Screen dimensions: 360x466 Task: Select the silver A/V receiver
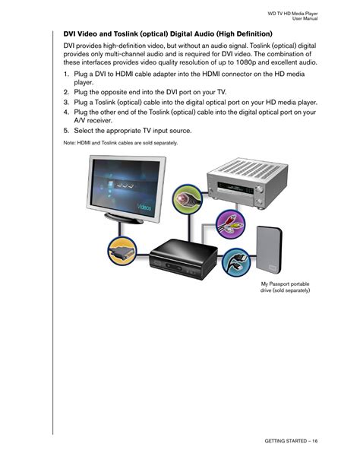point(248,183)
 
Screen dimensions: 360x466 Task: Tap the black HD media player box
point(183,258)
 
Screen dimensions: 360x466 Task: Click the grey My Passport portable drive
point(269,251)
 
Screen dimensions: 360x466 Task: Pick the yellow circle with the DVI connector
point(122,252)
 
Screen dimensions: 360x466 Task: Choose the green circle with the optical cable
point(188,199)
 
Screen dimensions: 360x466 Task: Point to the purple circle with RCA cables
point(230,224)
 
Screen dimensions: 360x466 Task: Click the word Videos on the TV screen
point(144,207)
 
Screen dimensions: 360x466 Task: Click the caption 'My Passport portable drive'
point(285,287)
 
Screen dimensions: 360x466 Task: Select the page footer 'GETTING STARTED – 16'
point(291,441)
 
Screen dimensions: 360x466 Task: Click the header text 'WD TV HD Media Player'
point(292,14)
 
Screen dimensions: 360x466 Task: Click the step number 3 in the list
point(66,102)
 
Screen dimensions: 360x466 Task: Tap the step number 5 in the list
point(66,131)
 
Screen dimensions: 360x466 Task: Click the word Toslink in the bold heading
point(125,34)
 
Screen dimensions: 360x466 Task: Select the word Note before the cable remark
point(69,143)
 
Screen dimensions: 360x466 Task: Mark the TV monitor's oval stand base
point(124,218)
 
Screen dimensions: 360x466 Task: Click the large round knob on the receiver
point(259,189)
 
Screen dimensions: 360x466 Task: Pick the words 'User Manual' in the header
point(305,18)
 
